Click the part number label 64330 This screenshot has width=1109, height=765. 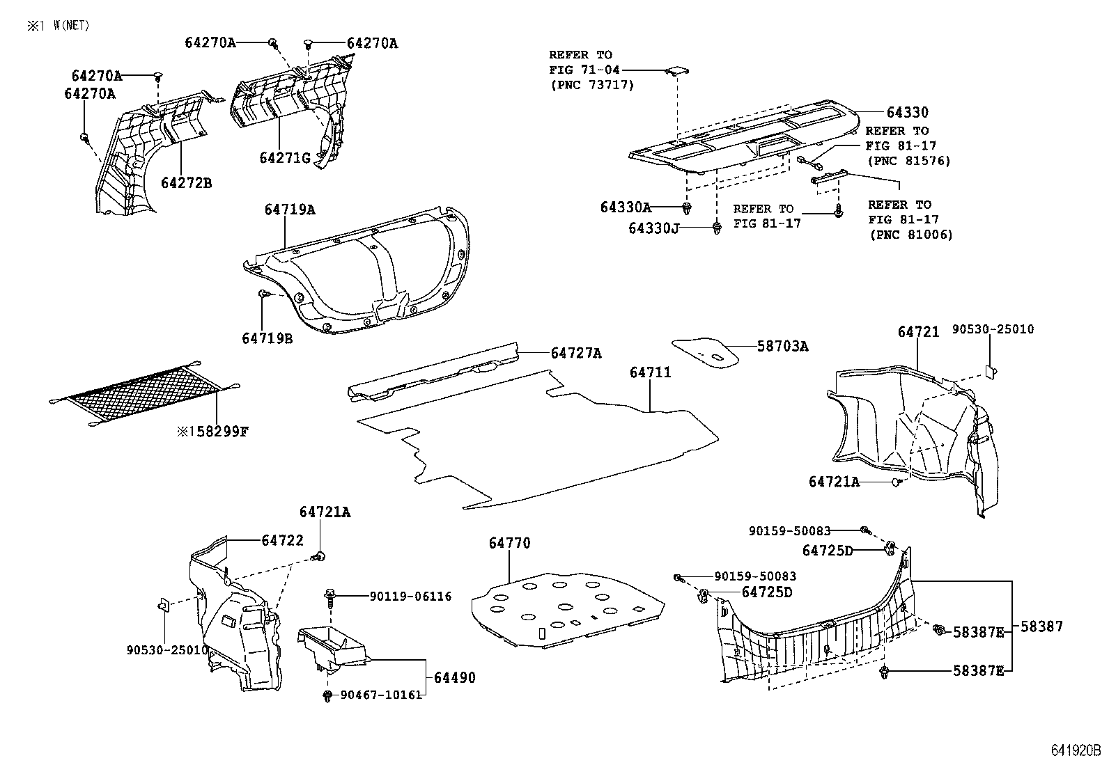907,112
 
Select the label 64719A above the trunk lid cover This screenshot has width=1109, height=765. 289,210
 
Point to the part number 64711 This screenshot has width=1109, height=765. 650,372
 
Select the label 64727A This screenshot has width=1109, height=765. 575,353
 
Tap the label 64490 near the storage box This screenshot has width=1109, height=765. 454,677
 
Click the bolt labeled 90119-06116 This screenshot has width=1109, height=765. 330,594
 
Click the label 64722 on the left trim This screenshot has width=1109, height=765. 283,540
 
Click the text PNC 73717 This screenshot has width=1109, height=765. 591,85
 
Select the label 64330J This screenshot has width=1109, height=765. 653,228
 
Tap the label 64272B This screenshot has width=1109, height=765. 186,183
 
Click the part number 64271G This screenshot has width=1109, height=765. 285,158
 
